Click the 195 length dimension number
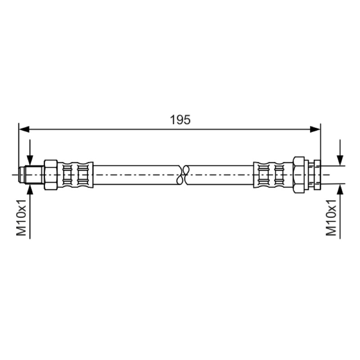click(x=180, y=120)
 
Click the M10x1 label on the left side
click(x=22, y=218)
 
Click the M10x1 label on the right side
click(x=331, y=218)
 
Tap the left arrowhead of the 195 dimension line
click(x=24, y=129)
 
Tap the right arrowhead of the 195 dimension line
click(x=315, y=129)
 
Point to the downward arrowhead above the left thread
click(x=30, y=160)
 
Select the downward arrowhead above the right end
click(x=340, y=160)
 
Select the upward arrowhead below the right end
click(x=340, y=189)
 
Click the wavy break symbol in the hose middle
click(x=183, y=175)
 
